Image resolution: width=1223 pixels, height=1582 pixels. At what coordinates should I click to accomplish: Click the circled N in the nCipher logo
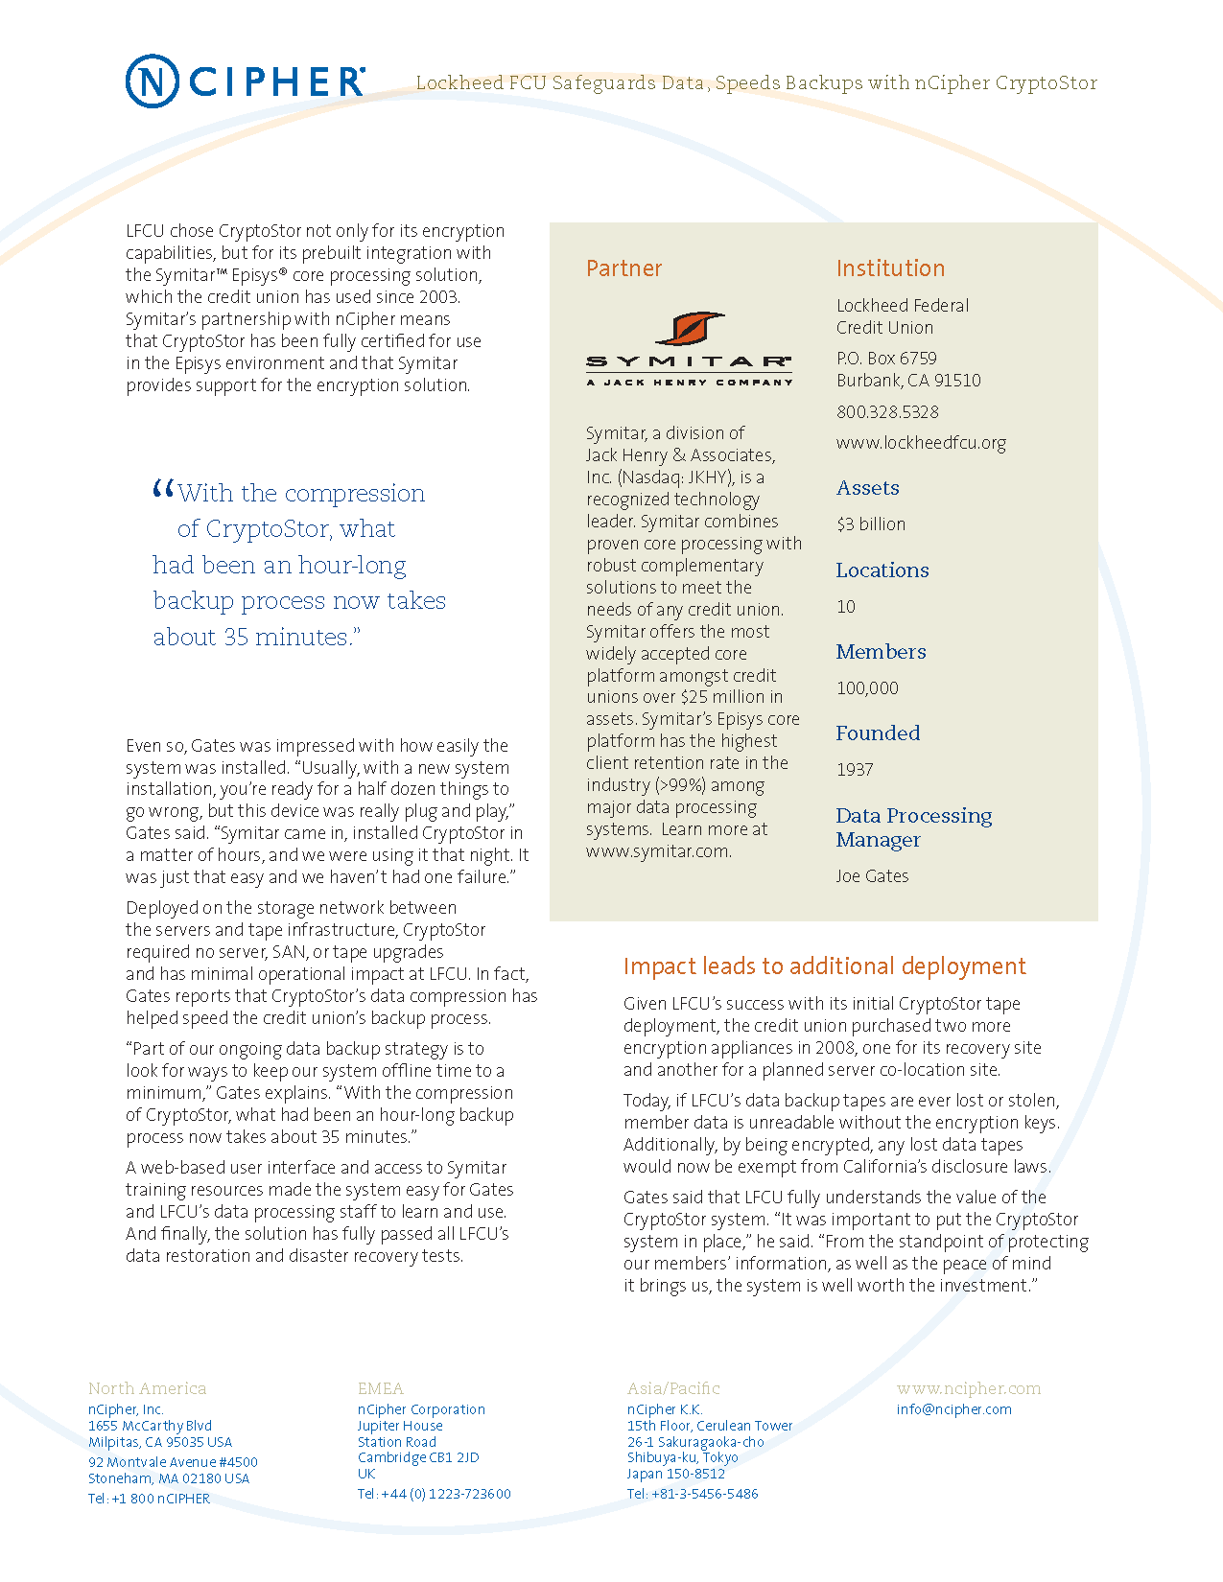coord(152,81)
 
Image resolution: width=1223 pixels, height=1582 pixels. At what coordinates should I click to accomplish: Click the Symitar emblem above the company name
coord(690,328)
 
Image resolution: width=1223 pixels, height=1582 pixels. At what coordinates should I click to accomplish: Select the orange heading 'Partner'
coord(623,268)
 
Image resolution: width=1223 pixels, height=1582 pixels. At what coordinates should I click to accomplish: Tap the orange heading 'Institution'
coord(890,268)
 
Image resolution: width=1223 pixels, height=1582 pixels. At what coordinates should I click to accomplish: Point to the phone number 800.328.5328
coord(887,412)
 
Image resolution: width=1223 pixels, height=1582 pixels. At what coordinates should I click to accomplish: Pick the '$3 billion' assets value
coord(871,524)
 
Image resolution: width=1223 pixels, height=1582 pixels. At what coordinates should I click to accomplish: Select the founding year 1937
coord(855,770)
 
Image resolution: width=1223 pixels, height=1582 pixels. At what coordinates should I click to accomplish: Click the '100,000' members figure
coord(867,688)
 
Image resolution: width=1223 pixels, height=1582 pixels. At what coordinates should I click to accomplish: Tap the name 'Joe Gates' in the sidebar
coord(872,876)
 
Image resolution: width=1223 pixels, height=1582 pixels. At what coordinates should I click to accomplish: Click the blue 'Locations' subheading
coord(882,570)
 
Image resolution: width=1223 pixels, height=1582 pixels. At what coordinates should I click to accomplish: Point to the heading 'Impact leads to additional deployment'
coord(824,966)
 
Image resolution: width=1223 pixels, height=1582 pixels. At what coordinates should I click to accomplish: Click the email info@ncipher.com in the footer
coord(953,1409)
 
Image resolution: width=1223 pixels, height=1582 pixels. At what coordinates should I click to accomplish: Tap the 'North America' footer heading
coord(147,1388)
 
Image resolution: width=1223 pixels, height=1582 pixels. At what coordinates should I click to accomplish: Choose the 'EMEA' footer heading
coord(380,1388)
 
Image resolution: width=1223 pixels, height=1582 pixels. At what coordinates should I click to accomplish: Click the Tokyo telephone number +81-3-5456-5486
coord(704,1494)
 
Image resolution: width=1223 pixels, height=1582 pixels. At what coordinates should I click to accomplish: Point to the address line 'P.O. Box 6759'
coord(886,359)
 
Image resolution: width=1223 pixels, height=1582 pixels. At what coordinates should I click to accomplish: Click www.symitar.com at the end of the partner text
coord(658,851)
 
